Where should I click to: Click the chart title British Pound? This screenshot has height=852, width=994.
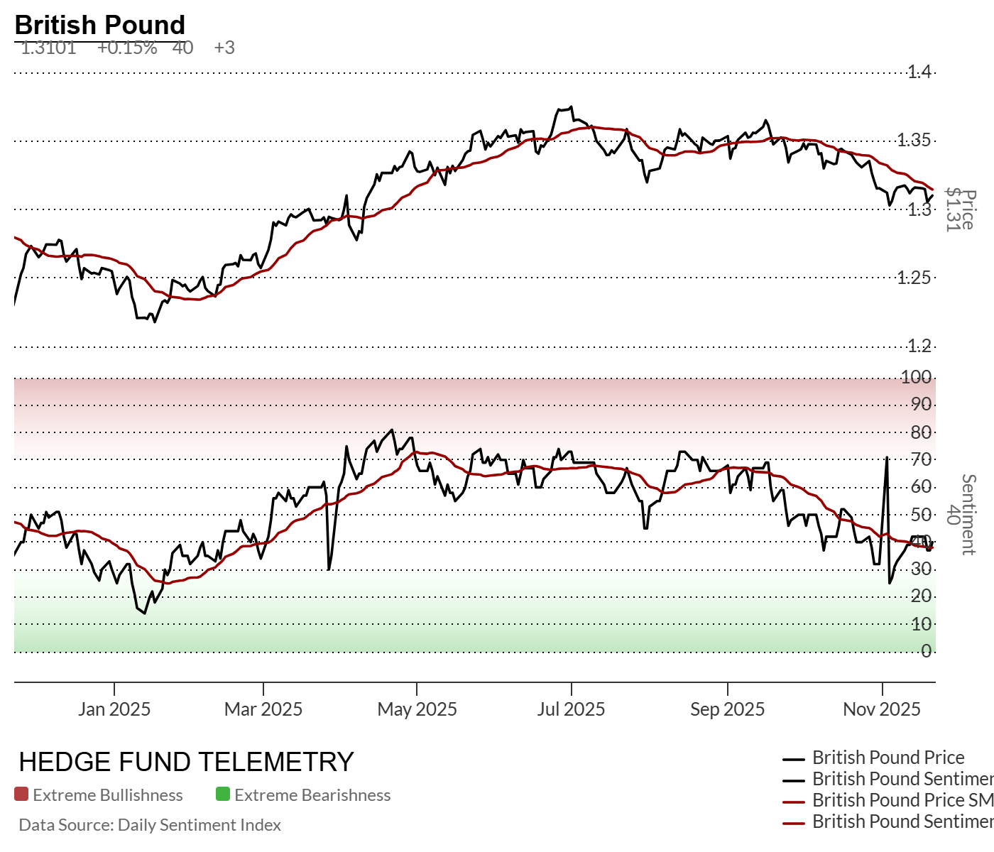(99, 25)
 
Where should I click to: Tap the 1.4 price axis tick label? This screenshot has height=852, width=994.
(919, 72)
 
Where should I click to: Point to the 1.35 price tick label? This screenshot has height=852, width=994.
(914, 140)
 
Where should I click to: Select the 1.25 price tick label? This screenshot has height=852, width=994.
(914, 278)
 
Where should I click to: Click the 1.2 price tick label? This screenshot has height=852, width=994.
(919, 346)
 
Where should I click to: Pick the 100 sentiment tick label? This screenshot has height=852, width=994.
(916, 377)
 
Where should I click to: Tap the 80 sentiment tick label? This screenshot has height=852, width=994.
(921, 432)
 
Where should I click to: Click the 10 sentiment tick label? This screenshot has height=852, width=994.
(921, 624)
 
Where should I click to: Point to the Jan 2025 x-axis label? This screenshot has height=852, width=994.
(114, 709)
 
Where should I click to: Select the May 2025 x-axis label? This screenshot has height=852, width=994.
(417, 709)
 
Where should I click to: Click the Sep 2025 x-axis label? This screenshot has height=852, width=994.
(728, 709)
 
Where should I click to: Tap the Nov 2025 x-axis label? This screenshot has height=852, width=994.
(882, 709)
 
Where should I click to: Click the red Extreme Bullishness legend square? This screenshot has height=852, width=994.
(21, 794)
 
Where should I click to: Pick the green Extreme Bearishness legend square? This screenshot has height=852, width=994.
(223, 794)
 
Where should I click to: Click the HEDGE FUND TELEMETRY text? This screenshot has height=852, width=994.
(186, 762)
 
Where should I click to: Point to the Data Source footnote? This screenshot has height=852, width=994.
(150, 825)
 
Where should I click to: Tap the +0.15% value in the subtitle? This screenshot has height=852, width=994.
(127, 48)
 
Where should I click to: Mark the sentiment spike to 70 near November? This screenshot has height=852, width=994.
(887, 458)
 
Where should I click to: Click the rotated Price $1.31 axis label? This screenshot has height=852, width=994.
(960, 210)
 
